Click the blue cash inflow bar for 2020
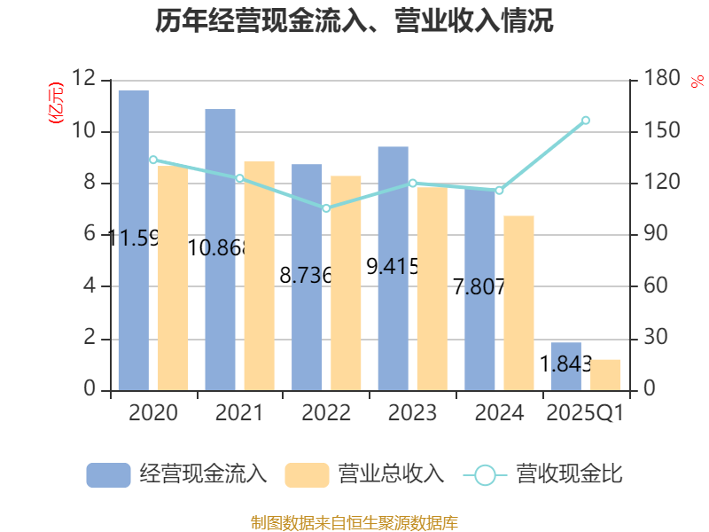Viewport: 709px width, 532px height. pyautogui.click(x=133, y=239)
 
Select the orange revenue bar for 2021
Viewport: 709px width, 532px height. pyautogui.click(x=260, y=275)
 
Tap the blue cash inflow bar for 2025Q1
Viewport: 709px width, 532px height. pyautogui.click(x=565, y=365)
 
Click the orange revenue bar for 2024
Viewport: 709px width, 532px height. pyautogui.click(x=519, y=302)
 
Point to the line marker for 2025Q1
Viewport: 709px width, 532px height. pyautogui.click(x=585, y=120)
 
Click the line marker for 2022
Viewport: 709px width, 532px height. pyautogui.click(x=326, y=208)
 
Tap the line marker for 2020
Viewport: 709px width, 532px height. pyautogui.click(x=153, y=160)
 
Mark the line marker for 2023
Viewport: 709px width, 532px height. pyautogui.click(x=412, y=183)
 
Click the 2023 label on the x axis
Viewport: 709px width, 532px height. pyautogui.click(x=412, y=413)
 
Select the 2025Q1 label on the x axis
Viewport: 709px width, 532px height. pyautogui.click(x=585, y=413)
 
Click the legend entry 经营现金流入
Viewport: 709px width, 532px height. pyautogui.click(x=177, y=474)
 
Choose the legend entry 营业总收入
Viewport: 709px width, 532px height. pyautogui.click(x=364, y=474)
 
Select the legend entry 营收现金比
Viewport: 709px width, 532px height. pyautogui.click(x=543, y=474)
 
